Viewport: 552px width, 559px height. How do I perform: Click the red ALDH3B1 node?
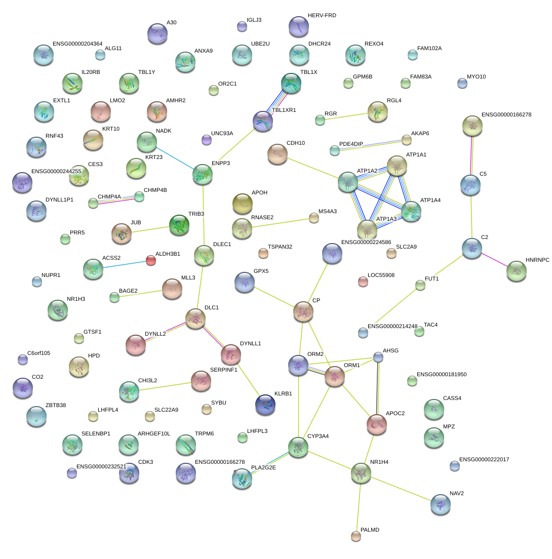point(150,260)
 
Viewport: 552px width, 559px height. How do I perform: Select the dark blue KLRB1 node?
point(265,404)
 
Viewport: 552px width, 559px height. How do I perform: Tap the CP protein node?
point(303,311)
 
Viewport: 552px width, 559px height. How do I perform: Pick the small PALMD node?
point(356,536)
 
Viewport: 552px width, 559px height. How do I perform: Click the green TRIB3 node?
point(179,225)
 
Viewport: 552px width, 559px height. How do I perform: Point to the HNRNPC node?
point(516,271)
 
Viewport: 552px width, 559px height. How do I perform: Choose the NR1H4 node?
point(361,472)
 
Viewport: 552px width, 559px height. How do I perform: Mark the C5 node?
point(471,185)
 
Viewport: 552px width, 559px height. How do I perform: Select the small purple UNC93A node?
point(206,139)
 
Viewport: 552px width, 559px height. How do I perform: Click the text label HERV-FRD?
point(322,16)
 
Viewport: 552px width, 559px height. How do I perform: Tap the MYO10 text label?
point(476,77)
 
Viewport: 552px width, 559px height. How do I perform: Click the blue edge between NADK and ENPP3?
point(175,158)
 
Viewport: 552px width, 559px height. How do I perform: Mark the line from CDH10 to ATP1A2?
point(312,168)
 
